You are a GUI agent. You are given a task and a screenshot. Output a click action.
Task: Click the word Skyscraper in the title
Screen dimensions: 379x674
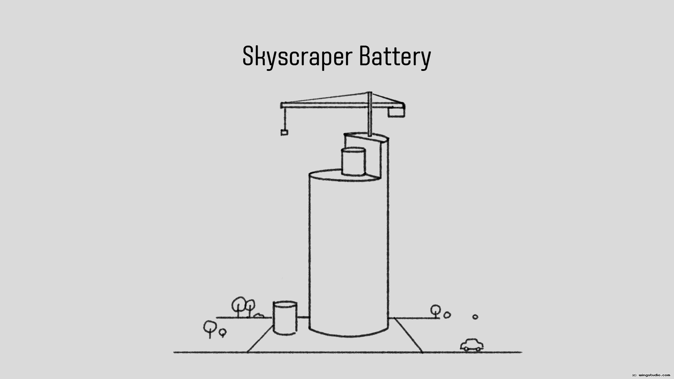297,56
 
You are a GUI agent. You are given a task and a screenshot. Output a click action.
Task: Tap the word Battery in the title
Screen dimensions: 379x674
395,56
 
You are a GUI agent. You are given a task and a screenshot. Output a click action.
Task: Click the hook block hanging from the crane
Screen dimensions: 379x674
284,132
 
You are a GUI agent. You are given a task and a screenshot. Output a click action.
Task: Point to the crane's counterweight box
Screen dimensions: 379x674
396,112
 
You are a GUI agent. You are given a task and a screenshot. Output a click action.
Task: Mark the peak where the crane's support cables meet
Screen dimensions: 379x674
369,93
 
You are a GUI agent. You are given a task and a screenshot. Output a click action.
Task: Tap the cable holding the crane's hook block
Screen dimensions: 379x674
284,119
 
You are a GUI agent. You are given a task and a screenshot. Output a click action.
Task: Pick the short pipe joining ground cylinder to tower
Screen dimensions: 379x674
303,317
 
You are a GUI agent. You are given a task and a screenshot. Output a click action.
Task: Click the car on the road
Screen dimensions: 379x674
471,345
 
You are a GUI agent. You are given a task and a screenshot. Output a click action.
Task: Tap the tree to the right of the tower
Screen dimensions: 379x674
436,310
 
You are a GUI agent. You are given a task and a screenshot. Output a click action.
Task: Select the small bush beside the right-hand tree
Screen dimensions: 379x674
447,315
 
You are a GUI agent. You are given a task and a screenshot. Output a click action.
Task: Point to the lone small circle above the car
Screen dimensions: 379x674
475,317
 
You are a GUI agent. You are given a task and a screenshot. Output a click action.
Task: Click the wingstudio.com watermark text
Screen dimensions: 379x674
655,375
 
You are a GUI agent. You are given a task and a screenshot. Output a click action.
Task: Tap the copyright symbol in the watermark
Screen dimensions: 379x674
634,375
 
